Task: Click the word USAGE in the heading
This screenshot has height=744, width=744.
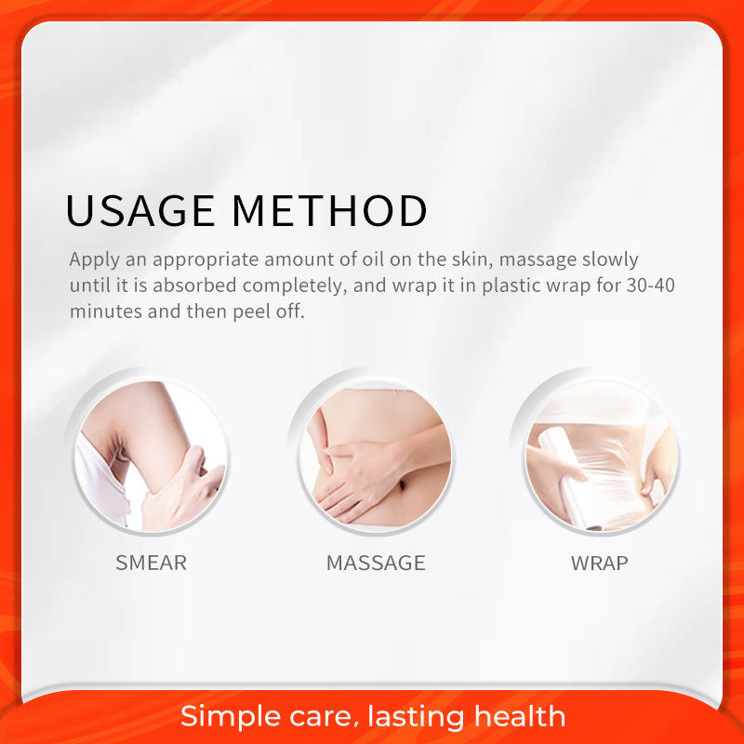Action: pyautogui.click(x=140, y=211)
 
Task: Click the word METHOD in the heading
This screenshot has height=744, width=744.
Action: pyautogui.click(x=330, y=211)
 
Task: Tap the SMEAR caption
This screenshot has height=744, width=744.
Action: pyautogui.click(x=151, y=564)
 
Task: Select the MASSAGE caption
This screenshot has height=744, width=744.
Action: pyautogui.click(x=376, y=564)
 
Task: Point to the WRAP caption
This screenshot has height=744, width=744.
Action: pyautogui.click(x=599, y=564)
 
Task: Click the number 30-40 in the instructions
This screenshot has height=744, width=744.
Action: pyautogui.click(x=650, y=286)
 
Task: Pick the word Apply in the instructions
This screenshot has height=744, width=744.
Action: pyautogui.click(x=95, y=260)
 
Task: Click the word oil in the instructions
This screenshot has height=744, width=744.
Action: pyautogui.click(x=374, y=259)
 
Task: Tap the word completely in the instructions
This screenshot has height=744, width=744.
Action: pyautogui.click(x=295, y=286)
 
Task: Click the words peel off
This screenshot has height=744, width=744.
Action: pyautogui.click(x=269, y=312)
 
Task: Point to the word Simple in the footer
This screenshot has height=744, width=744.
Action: pyautogui.click(x=231, y=716)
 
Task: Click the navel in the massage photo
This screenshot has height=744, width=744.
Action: pyautogui.click(x=401, y=485)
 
